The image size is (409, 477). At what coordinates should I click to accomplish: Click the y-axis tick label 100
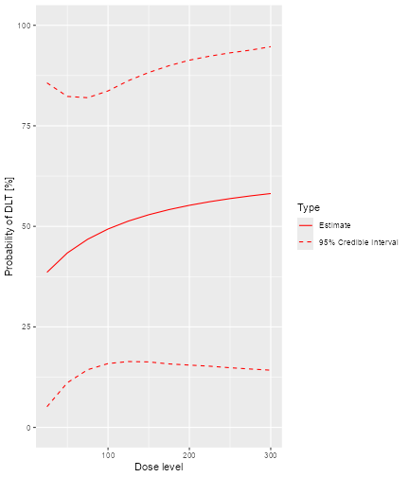point(23,26)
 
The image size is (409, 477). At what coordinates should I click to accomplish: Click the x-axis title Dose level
point(158,466)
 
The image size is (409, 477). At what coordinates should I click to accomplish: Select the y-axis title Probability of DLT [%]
point(9,226)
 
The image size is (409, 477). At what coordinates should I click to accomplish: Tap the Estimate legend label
point(335,225)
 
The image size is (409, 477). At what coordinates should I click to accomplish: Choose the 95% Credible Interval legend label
point(359,242)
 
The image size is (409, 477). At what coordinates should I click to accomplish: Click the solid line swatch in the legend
point(305,225)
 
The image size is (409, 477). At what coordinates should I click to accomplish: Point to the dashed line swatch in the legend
point(305,242)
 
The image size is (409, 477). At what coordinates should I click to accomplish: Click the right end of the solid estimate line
point(271,193)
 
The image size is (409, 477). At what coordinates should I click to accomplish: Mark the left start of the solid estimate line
point(47,273)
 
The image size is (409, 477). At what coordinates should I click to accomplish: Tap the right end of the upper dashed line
point(271,46)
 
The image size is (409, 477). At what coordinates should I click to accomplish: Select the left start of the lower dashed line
point(47,407)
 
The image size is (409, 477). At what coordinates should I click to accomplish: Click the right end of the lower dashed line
point(271,370)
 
